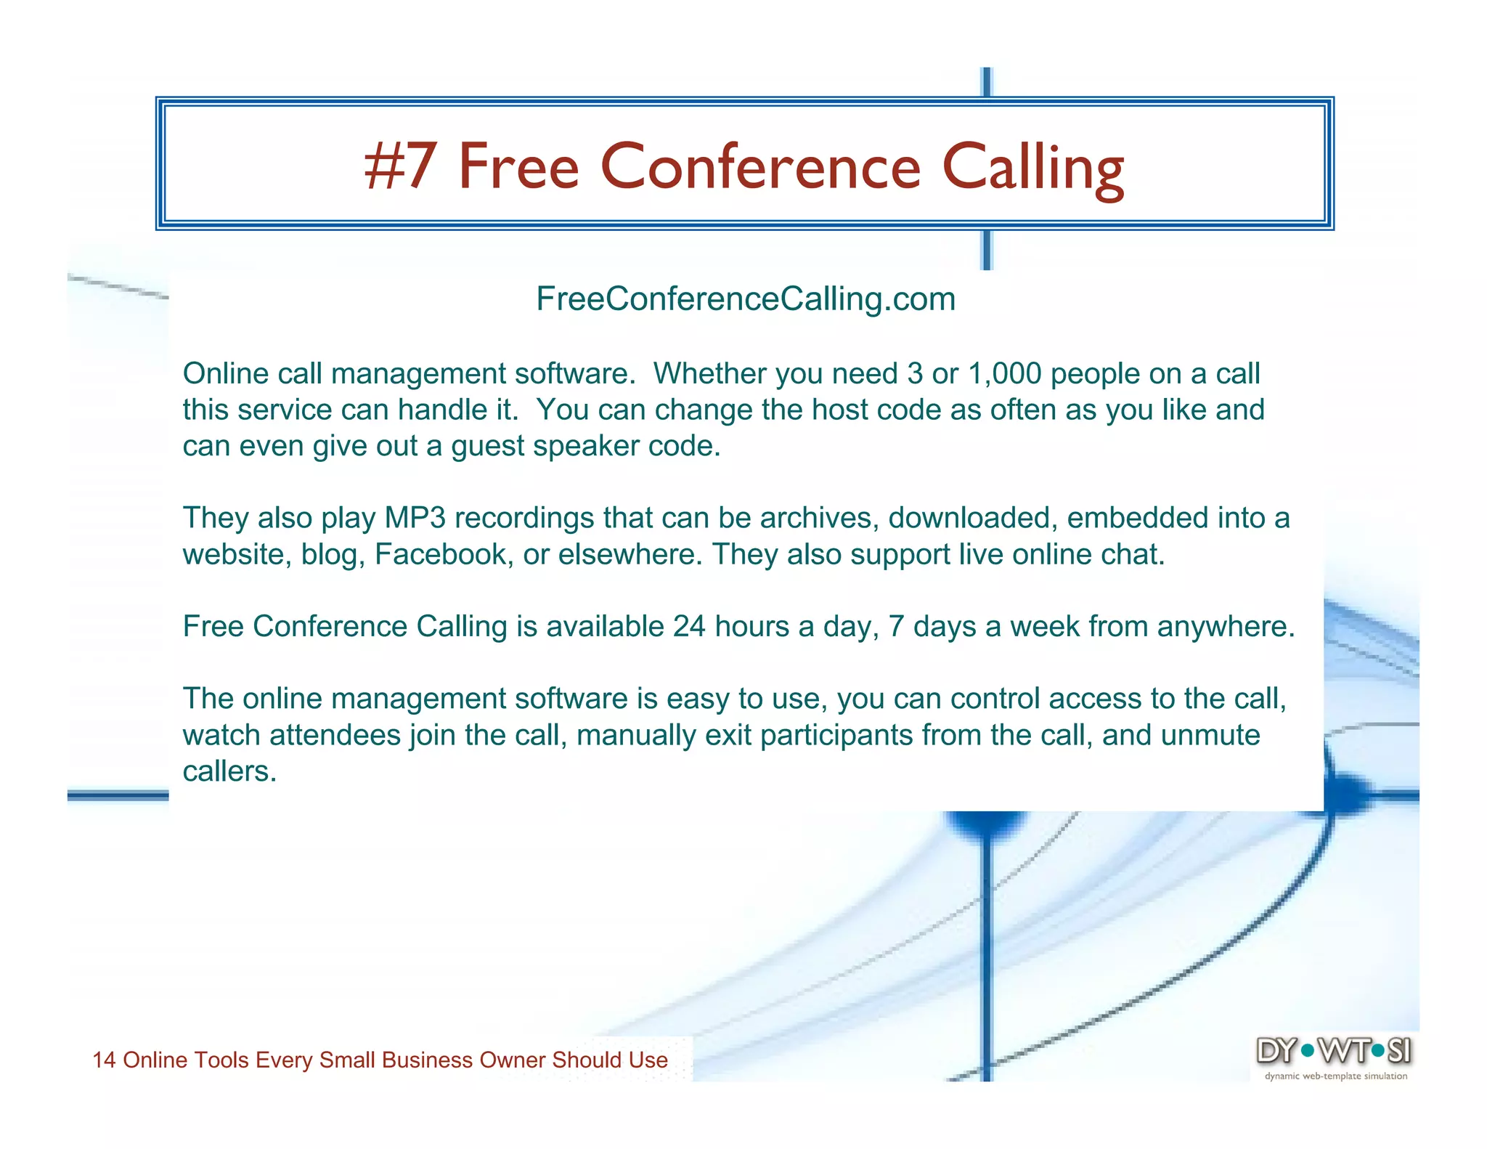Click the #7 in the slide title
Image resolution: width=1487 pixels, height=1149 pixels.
[400, 166]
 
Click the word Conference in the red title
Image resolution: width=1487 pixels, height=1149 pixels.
[760, 166]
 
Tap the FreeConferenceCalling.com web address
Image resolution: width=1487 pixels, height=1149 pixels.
[746, 299]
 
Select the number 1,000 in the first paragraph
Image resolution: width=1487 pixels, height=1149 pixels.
[1004, 373]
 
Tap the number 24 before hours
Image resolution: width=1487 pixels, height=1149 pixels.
[688, 626]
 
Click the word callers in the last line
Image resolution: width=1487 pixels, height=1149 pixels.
[229, 771]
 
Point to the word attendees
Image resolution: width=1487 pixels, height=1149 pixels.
[335, 735]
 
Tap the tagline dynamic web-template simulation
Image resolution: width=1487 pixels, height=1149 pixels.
[1335, 1076]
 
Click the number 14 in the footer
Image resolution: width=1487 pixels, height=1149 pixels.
[104, 1060]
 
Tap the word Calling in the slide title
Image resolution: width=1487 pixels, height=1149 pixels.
[1033, 166]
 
